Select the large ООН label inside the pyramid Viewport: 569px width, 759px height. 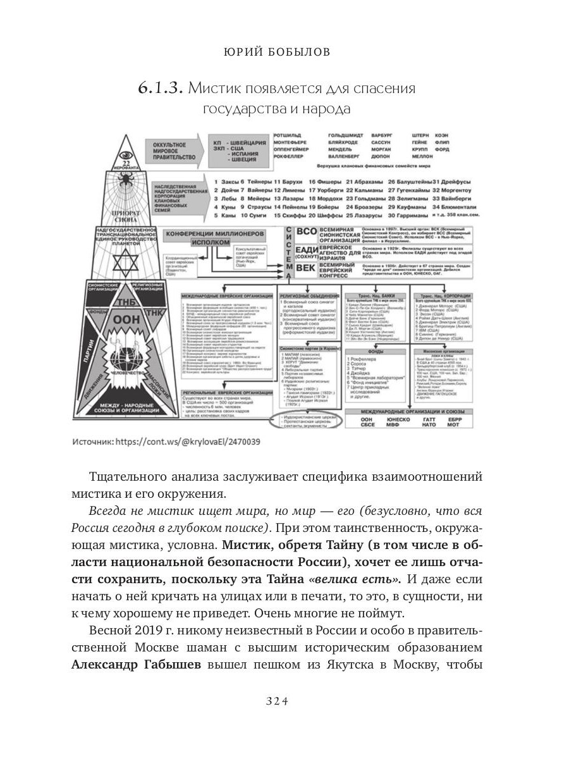click(x=123, y=320)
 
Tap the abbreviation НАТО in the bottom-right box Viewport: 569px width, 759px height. click(x=429, y=424)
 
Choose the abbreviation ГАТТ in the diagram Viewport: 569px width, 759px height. click(x=430, y=418)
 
